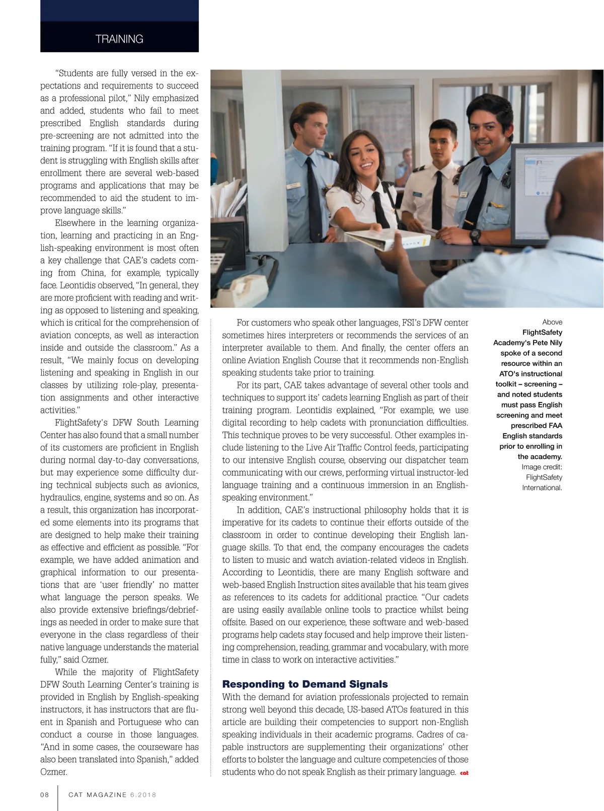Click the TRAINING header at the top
coord(119,39)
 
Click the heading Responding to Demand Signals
coord(305,684)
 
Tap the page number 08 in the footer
coord(45,795)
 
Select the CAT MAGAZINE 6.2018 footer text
coord(112,795)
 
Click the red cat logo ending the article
coord(464,773)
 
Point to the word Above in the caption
coord(552,322)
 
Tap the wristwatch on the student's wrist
coord(475,235)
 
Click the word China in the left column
coord(93,273)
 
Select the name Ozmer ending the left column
coord(54,772)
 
